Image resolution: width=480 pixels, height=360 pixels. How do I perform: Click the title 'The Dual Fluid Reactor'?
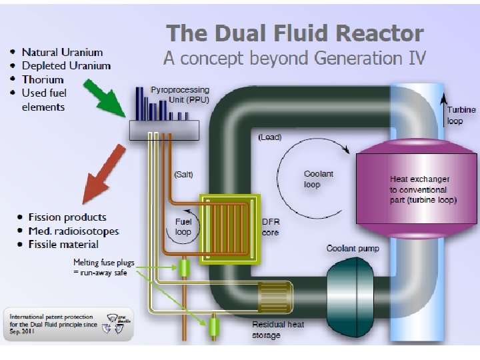coord(295,33)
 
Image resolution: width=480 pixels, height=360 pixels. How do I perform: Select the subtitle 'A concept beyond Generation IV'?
coord(294,58)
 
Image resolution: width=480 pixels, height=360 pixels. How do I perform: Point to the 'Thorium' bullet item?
coord(43,79)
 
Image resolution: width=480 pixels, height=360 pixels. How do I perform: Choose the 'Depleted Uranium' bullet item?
coord(65,65)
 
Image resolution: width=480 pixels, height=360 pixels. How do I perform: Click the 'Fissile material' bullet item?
coord(63,245)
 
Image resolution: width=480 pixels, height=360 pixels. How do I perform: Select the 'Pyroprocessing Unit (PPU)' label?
coord(179,94)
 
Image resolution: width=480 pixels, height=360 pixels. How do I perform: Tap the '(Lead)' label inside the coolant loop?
coord(270,137)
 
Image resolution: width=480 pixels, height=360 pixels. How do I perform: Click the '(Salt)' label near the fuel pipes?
coord(183,175)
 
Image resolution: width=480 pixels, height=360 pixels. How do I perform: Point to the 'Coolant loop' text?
coord(318,179)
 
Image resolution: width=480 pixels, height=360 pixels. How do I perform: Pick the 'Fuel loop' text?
coord(183,227)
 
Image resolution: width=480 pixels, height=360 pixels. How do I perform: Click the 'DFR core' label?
coord(270,228)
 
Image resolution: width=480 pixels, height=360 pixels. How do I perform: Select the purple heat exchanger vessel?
coord(416,189)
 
